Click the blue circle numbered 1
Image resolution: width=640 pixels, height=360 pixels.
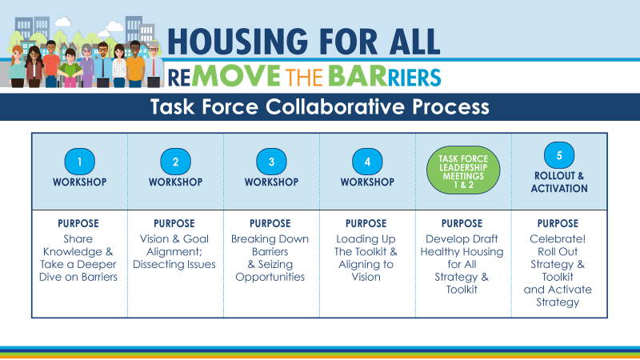click(x=79, y=162)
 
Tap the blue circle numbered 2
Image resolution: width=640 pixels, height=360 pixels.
click(x=175, y=162)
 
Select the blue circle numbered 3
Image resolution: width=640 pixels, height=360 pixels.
click(x=271, y=162)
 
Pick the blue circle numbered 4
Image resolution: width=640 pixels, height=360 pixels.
click(x=367, y=162)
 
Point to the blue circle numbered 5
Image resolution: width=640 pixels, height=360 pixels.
click(x=559, y=155)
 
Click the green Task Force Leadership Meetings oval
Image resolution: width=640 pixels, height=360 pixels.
click(x=463, y=170)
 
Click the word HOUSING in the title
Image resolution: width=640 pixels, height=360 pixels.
click(x=238, y=42)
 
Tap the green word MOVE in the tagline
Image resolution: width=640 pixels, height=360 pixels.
click(x=236, y=76)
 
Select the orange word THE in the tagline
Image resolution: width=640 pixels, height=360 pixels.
click(x=304, y=78)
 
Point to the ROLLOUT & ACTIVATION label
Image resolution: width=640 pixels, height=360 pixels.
click(x=559, y=182)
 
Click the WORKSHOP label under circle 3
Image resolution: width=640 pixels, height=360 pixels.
click(x=271, y=182)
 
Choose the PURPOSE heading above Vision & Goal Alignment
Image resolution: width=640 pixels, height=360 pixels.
click(x=174, y=224)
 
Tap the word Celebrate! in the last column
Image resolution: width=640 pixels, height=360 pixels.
click(x=558, y=238)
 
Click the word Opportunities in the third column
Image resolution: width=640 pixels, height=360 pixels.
click(x=270, y=277)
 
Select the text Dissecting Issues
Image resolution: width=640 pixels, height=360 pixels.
click(x=174, y=265)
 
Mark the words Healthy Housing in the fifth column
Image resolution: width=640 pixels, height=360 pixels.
click(x=462, y=252)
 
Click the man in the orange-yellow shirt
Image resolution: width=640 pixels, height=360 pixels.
click(x=135, y=65)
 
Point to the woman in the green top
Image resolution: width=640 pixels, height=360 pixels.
click(x=70, y=68)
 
